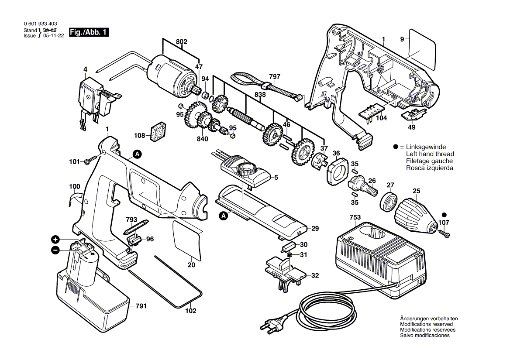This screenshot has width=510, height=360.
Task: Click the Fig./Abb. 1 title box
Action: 89,32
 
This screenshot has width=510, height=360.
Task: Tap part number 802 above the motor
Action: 182,41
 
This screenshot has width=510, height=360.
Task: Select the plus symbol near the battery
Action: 55,240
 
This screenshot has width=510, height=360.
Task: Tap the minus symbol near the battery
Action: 55,250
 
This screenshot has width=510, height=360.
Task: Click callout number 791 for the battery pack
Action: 141,306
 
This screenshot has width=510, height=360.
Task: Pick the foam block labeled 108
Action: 159,132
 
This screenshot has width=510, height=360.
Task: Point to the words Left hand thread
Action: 430,154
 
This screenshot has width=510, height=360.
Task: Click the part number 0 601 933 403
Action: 40,24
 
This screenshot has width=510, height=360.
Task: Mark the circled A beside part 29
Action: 223,216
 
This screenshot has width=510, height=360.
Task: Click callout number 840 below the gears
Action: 202,139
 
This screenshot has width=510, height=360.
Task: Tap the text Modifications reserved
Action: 426,324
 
